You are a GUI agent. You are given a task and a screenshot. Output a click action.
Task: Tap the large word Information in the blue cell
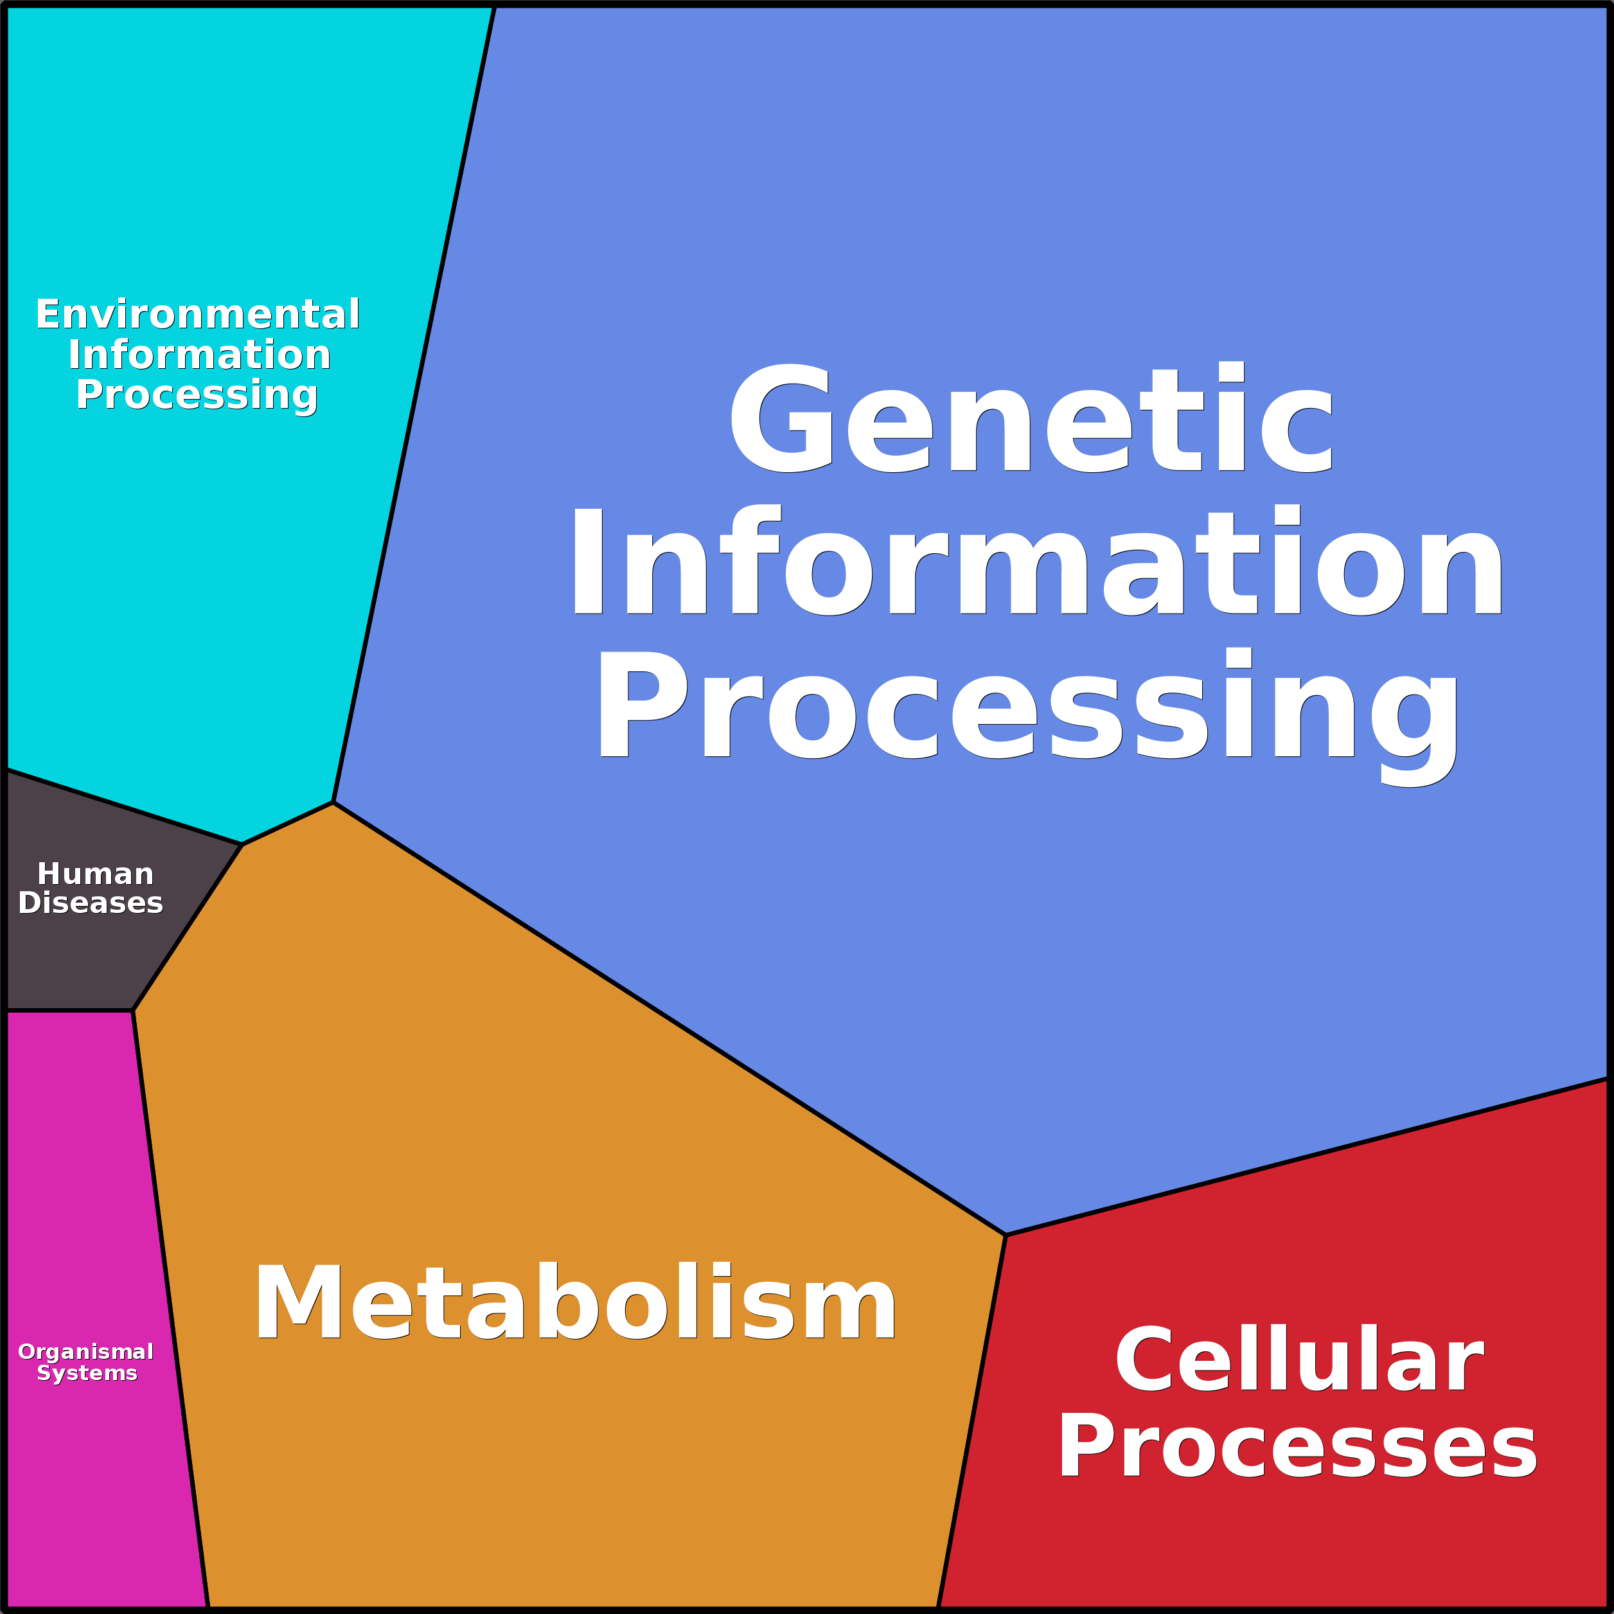[x=1036, y=562]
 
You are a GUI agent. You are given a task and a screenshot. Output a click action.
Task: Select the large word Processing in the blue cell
[x=1027, y=706]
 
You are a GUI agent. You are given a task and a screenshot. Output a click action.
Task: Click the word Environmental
[x=198, y=314]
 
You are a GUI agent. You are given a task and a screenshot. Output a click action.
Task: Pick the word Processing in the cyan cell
[x=197, y=395]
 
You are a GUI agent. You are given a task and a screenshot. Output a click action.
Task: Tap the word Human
[x=95, y=874]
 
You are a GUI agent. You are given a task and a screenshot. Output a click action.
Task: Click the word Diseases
[x=90, y=903]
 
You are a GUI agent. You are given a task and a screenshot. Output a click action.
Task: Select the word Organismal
[x=86, y=1352]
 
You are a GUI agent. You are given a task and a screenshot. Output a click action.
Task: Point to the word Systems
[x=87, y=1374]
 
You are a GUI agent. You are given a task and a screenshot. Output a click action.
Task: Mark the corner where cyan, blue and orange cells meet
[x=333, y=803]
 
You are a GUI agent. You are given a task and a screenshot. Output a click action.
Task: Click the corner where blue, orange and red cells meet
[x=1006, y=1235]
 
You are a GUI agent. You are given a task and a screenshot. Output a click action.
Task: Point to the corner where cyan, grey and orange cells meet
[x=242, y=845]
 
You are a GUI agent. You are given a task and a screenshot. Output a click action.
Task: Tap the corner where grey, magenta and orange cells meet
[x=133, y=1011]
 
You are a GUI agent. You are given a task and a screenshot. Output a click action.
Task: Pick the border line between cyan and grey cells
[x=123, y=807]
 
